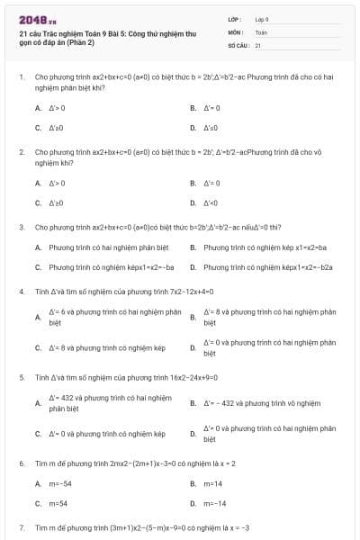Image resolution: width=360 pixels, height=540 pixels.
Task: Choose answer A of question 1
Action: tap(57, 108)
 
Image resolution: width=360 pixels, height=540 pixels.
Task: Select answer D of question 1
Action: tap(211, 128)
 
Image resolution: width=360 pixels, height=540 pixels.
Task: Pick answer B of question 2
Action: tap(211, 183)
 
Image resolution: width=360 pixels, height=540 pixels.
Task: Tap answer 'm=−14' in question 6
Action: tap(214, 503)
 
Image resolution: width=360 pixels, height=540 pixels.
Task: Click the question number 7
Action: tap(22, 527)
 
